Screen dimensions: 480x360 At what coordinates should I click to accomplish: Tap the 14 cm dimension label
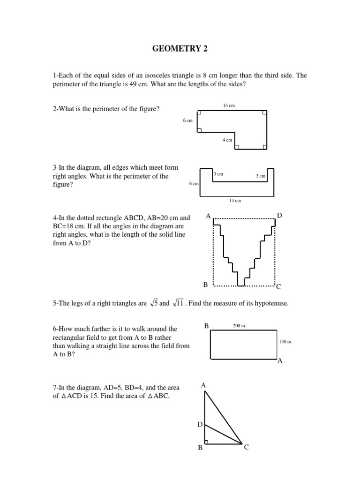click(229, 106)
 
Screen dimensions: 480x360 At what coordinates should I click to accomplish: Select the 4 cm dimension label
click(227, 140)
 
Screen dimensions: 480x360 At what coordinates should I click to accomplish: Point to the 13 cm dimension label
click(235, 201)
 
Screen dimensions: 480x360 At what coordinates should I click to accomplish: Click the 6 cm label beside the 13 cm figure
click(194, 184)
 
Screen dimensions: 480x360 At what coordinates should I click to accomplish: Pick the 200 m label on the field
click(239, 325)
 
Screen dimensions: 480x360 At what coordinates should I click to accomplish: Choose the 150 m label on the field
click(285, 342)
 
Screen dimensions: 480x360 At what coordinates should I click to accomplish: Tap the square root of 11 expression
click(178, 303)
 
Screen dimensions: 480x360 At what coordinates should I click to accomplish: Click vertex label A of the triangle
click(203, 385)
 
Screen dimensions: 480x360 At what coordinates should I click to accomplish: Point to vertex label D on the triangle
click(199, 424)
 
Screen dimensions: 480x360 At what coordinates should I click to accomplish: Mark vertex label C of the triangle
click(246, 448)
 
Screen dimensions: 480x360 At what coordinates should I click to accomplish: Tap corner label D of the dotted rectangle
click(279, 215)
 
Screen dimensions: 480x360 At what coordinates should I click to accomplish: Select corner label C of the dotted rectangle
click(278, 286)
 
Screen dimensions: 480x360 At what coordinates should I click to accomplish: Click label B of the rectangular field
click(206, 325)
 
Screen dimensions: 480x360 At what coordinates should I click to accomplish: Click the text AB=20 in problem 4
click(165, 218)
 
